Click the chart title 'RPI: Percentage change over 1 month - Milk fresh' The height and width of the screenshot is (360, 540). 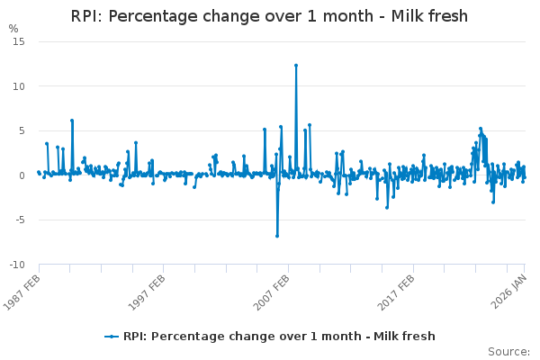[270, 16]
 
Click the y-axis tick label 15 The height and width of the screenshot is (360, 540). [19, 42]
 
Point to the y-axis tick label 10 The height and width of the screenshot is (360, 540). [19, 86]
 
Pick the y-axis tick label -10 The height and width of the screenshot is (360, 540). [17, 265]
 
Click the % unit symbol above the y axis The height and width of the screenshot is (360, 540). [13, 29]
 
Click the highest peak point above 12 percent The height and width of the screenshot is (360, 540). [295, 66]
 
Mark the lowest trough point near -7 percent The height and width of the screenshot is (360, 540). [277, 236]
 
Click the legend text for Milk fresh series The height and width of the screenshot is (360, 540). [279, 337]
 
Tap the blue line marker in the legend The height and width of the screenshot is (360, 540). [112, 337]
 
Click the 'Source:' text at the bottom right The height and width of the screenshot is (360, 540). [508, 351]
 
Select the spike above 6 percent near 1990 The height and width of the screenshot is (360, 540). [72, 121]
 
